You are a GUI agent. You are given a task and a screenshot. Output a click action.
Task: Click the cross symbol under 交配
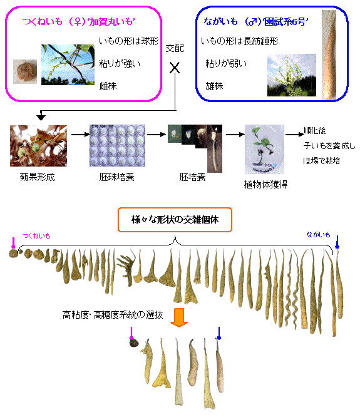[175, 68]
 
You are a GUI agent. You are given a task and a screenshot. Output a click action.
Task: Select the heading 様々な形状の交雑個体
[175, 220]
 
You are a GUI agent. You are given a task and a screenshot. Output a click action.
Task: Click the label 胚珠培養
[116, 177]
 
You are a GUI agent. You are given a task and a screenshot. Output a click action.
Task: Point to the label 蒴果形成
[37, 177]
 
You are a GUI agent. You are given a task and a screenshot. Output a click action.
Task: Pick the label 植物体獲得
[265, 184]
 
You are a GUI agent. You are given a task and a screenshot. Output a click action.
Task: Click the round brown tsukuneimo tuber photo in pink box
[25, 71]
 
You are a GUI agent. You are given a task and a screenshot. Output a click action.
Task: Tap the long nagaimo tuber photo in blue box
[329, 54]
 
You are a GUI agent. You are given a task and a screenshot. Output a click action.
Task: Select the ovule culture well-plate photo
[117, 145]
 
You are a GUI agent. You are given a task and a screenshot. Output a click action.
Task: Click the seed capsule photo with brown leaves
[39, 146]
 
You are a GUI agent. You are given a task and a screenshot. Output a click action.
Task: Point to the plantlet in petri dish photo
[264, 149]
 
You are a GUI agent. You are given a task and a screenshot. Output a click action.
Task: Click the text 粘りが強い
[120, 63]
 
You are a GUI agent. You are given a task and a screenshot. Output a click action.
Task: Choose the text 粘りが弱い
[226, 63]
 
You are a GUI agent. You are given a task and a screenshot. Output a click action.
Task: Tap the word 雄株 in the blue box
[214, 86]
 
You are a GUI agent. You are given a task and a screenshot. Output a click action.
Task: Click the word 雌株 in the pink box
[108, 86]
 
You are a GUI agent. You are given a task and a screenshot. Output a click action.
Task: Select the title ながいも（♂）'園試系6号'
[256, 21]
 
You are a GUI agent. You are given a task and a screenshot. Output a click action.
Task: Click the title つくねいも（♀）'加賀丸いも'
[79, 21]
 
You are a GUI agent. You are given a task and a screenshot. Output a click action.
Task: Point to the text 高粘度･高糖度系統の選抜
[113, 315]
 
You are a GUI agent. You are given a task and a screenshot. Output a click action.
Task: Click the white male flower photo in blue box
[292, 75]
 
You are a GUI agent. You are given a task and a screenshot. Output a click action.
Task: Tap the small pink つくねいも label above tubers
[37, 235]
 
